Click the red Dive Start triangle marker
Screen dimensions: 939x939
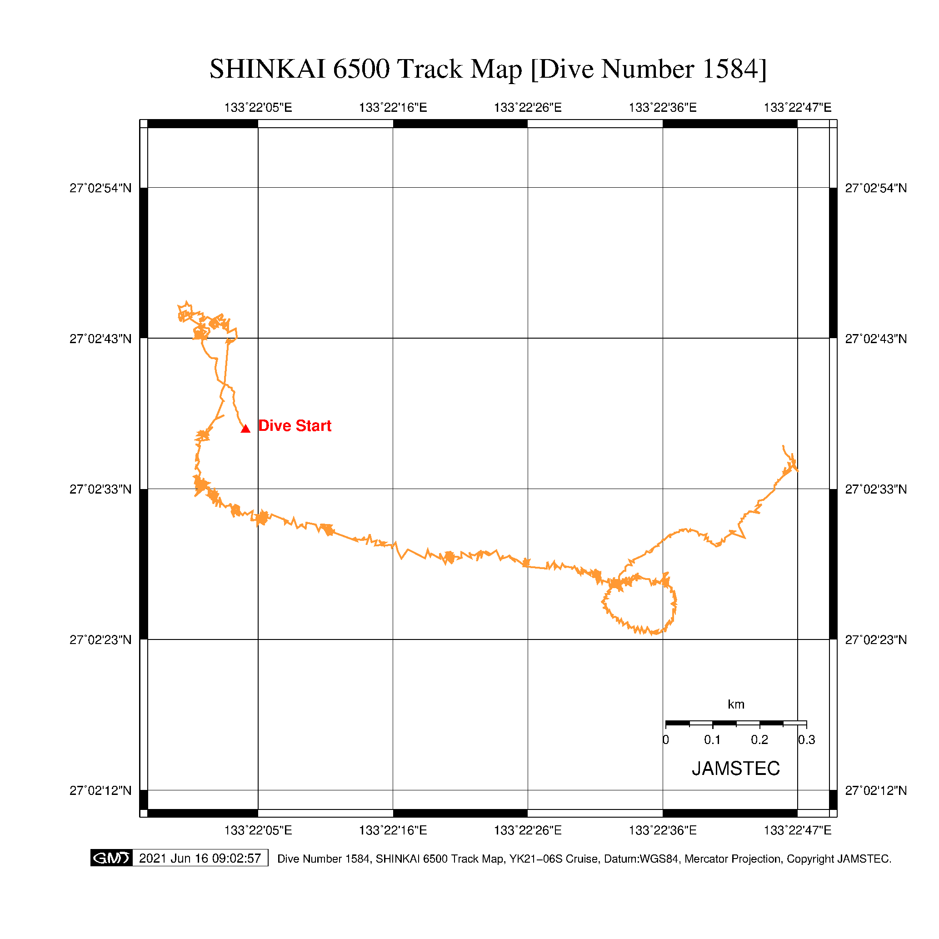[245, 429]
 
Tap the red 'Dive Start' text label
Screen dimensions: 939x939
[295, 426]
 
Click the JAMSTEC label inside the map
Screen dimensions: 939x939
[735, 769]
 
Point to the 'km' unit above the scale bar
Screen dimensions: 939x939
[736, 704]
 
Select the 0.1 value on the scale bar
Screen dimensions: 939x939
[713, 740]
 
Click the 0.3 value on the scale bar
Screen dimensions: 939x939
[806, 740]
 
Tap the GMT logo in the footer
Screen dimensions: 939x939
[111, 858]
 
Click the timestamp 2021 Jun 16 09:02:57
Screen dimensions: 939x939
[200, 858]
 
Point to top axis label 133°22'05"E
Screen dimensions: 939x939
[258, 107]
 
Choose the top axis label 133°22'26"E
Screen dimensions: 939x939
[528, 107]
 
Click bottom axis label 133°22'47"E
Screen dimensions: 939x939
[798, 830]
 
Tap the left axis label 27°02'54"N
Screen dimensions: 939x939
[100, 188]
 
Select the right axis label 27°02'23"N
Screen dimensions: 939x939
[876, 639]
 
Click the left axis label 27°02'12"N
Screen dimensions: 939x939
[100, 790]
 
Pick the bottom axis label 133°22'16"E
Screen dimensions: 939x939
[393, 830]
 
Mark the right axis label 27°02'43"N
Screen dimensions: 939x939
[876, 339]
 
